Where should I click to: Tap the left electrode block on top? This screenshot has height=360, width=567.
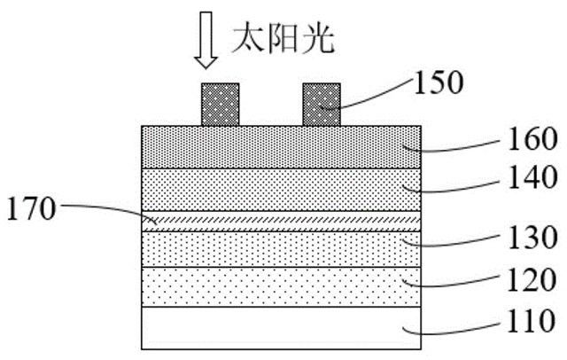pos(221,104)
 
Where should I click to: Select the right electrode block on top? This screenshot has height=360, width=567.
pos(321,104)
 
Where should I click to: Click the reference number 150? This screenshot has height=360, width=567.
pos(439,83)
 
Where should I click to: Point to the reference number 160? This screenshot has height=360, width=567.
pos(528,138)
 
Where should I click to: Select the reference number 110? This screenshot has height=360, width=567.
pos(528,321)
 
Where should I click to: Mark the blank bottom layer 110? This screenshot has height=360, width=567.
pos(280,327)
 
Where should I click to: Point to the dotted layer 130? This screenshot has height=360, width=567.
pos(280,248)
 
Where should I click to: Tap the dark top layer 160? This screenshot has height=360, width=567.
pos(280,146)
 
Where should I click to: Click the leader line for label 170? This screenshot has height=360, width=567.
pos(106,210)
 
